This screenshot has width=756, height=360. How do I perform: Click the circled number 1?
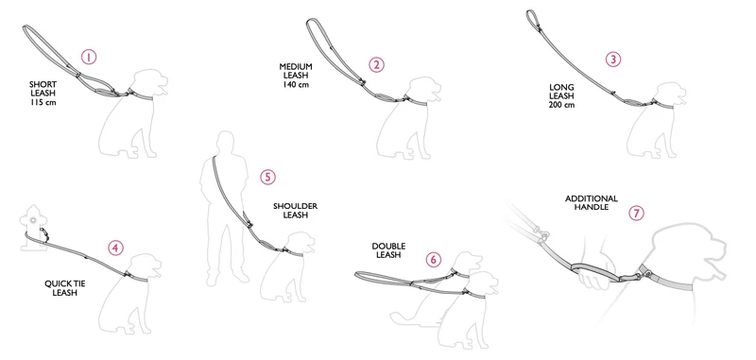89,57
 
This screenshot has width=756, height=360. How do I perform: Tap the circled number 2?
376,64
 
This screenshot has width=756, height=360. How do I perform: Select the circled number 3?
612,60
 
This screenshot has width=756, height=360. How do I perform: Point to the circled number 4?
115,248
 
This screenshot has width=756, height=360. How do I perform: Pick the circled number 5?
268,177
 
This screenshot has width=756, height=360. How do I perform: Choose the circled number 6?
434,260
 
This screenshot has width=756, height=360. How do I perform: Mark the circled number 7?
636,213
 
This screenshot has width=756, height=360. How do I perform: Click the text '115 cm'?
43,102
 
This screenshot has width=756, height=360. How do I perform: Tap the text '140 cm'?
296,84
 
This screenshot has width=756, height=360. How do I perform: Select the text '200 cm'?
561,105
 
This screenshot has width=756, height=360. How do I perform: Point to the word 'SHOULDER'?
295,206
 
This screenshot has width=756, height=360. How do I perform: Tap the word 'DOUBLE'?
388,247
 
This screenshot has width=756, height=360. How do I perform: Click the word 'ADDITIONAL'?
592,198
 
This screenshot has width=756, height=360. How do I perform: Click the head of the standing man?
224,142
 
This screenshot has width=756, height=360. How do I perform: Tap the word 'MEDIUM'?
296,66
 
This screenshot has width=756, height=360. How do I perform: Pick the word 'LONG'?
561,87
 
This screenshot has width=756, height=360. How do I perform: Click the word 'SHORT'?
43,84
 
